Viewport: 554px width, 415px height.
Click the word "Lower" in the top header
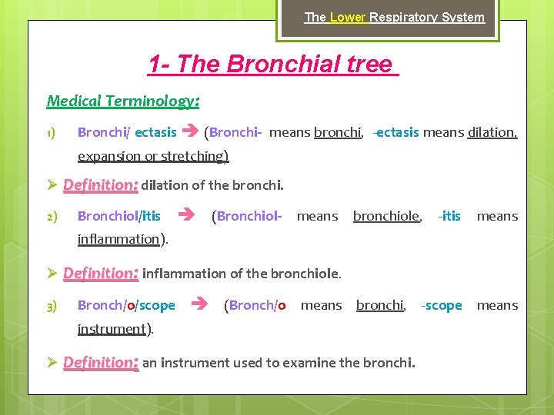[x=349, y=17]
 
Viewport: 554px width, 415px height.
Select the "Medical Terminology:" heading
[x=123, y=101]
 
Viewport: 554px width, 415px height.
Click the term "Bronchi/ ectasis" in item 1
[x=127, y=132]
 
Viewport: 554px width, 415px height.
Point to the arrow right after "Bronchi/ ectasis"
[x=190, y=132]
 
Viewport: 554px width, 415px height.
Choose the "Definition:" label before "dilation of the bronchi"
[x=100, y=185]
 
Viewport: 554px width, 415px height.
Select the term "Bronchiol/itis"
[x=119, y=217]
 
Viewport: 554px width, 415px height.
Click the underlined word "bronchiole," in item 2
[x=387, y=217]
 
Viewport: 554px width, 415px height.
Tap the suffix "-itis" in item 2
[x=449, y=217]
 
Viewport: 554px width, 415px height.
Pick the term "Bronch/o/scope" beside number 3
[x=126, y=306]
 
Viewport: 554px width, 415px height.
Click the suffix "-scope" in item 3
[x=442, y=306]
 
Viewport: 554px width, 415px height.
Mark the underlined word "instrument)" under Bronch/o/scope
[x=115, y=329]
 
